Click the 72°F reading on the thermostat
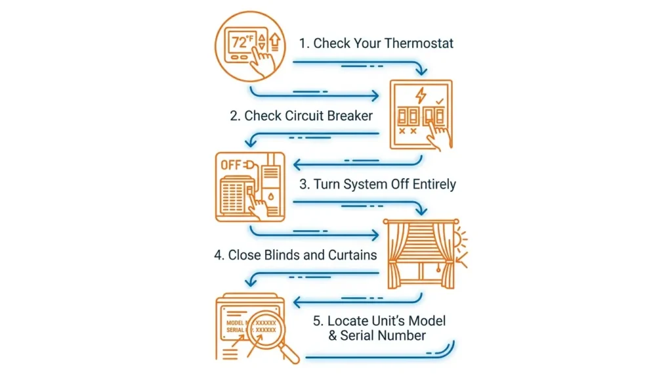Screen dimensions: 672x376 (242, 41)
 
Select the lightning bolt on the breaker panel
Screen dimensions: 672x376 (421, 95)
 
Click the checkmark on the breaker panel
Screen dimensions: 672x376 (440, 101)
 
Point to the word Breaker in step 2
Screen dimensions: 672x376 (350, 116)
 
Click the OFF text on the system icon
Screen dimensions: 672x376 (231, 165)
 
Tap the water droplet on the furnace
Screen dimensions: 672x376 (271, 197)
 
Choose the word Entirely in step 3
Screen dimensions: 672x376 (434, 185)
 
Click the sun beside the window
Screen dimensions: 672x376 (460, 239)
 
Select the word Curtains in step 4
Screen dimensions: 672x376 (352, 255)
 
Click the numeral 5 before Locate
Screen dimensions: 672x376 (318, 321)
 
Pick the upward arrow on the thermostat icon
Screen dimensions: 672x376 (275, 42)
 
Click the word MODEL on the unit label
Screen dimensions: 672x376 (235, 323)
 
